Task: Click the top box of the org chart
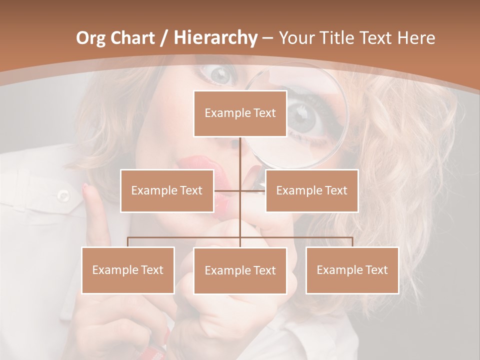(240, 113)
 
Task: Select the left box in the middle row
(166, 190)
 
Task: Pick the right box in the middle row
(311, 190)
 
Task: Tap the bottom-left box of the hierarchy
(127, 270)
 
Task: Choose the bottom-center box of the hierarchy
(240, 270)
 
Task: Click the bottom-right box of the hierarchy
(352, 270)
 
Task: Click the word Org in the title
(90, 38)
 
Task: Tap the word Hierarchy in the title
(215, 38)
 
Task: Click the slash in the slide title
(164, 38)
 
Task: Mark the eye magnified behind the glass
(304, 116)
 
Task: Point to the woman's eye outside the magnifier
(220, 75)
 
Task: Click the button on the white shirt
(63, 195)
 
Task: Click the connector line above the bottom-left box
(127, 241)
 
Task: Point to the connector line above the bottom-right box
(352, 241)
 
